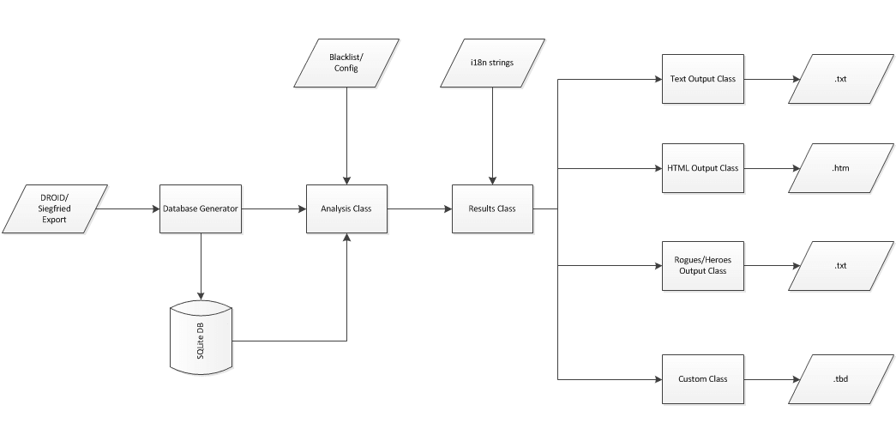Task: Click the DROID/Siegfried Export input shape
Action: pos(55,208)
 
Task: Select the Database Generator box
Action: pos(201,208)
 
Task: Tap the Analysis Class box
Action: pos(346,208)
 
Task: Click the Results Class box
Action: pos(492,208)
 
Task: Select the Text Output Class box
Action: pos(703,79)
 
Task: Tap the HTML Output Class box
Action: pos(703,167)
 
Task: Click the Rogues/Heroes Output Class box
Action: pos(703,265)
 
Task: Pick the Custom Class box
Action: pos(703,378)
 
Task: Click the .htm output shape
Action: pos(840,167)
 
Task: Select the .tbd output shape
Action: pos(840,378)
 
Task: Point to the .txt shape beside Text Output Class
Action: pos(840,79)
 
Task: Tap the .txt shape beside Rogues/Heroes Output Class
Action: pos(840,265)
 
